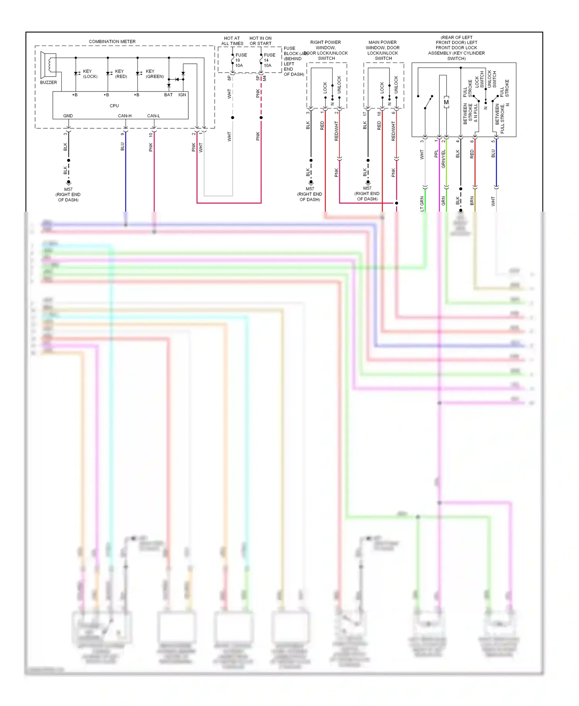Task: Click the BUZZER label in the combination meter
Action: (48, 82)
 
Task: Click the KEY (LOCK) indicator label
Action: (90, 74)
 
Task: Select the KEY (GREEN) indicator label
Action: (154, 74)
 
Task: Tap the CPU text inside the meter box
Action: (114, 105)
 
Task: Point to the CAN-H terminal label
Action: (125, 116)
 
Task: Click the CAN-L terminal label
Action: (153, 116)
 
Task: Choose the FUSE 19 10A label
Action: (240, 60)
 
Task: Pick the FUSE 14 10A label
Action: (269, 60)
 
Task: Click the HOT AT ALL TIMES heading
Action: (232, 41)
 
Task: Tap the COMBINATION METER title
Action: (112, 41)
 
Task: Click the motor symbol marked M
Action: (446, 102)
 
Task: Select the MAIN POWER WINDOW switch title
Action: (383, 50)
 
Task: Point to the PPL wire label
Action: (436, 154)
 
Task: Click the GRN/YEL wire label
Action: (444, 158)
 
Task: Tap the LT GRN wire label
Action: (422, 204)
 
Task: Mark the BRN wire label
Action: (472, 200)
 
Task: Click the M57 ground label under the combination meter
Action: (68, 194)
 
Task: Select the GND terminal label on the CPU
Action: (68, 116)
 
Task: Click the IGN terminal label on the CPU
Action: (182, 95)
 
